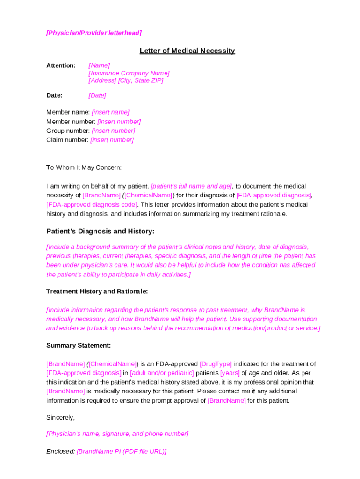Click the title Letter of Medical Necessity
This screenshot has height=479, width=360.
[x=187, y=51]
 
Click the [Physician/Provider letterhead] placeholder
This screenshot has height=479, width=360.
[x=94, y=33]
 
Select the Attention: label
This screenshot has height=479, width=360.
[x=61, y=65]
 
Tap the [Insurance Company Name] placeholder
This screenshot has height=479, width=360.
[x=129, y=73]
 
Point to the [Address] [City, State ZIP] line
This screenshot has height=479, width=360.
[x=126, y=80]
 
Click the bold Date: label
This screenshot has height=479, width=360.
[x=54, y=95]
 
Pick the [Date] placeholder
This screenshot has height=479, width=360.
[x=97, y=95]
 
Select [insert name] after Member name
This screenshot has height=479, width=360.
[x=110, y=112]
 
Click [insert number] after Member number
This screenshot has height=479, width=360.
[x=119, y=122]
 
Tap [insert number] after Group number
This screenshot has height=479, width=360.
[x=113, y=131]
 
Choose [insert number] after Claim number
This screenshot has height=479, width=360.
[x=112, y=140]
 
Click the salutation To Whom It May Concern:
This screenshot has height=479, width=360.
[x=84, y=167]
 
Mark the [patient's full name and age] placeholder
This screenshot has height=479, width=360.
[x=191, y=186]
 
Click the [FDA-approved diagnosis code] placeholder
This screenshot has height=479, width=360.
[x=92, y=204]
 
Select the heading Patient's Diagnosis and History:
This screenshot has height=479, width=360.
[x=100, y=231]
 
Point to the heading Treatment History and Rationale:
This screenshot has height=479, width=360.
[x=97, y=291]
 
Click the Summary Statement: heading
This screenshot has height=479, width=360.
[x=79, y=346]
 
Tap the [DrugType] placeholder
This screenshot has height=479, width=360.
[x=216, y=364]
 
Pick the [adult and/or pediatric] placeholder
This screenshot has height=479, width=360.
[x=162, y=373]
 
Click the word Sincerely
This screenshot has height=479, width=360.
[x=60, y=417]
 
